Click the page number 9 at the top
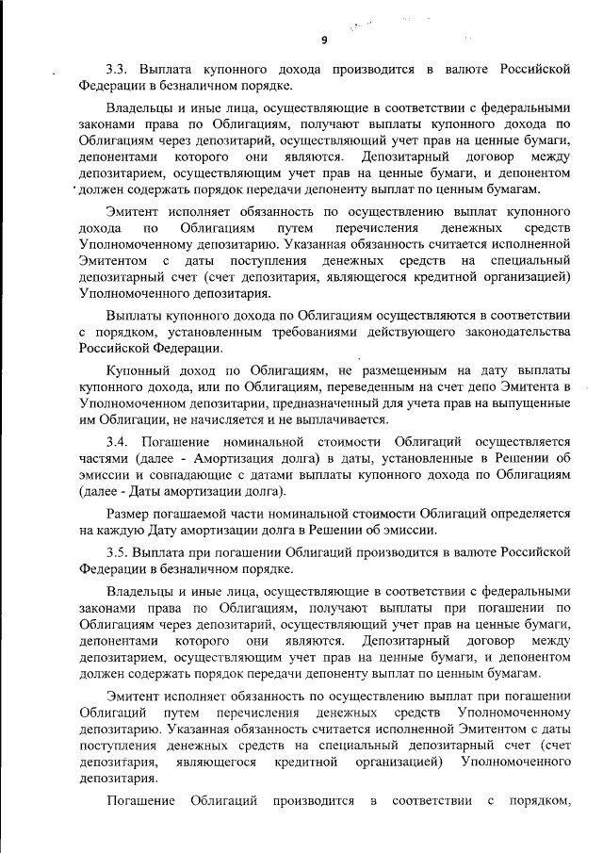(x=323, y=40)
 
